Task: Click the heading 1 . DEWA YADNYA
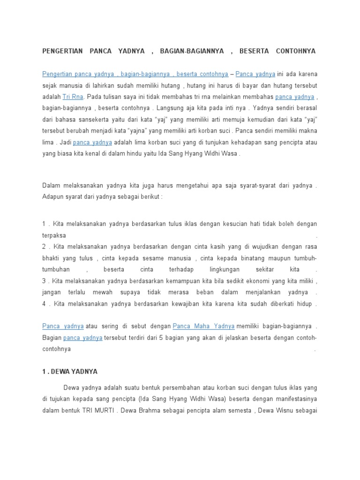pos(69,371)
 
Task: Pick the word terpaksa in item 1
pos(54,235)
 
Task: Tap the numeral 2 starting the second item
pos(44,247)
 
